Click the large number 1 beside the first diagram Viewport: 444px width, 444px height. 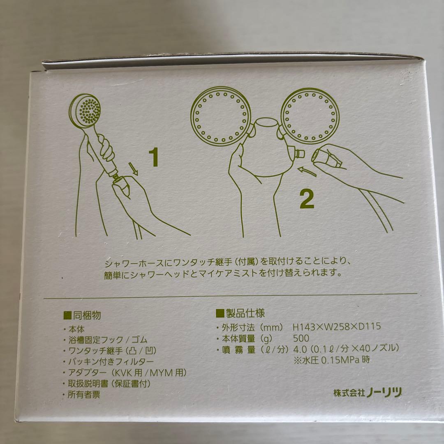(x=154, y=158)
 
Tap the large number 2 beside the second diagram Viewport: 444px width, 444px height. (x=307, y=199)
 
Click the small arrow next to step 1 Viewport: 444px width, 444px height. (x=133, y=169)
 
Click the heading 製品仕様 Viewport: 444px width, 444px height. (x=240, y=313)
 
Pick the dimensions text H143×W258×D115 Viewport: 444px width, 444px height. (x=336, y=326)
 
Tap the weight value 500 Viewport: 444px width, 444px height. (x=301, y=338)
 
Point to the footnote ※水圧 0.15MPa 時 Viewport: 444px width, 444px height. (x=332, y=360)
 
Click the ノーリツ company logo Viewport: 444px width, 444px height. (x=384, y=393)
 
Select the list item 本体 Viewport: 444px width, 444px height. (x=76, y=329)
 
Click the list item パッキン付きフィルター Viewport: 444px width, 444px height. (x=111, y=362)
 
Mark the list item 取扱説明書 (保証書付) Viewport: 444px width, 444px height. (x=109, y=384)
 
